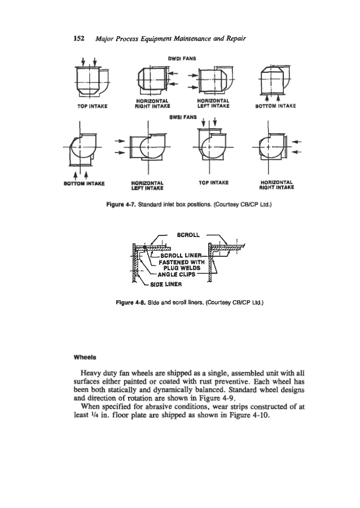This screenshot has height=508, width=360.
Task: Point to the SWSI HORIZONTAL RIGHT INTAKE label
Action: pos(276,185)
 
